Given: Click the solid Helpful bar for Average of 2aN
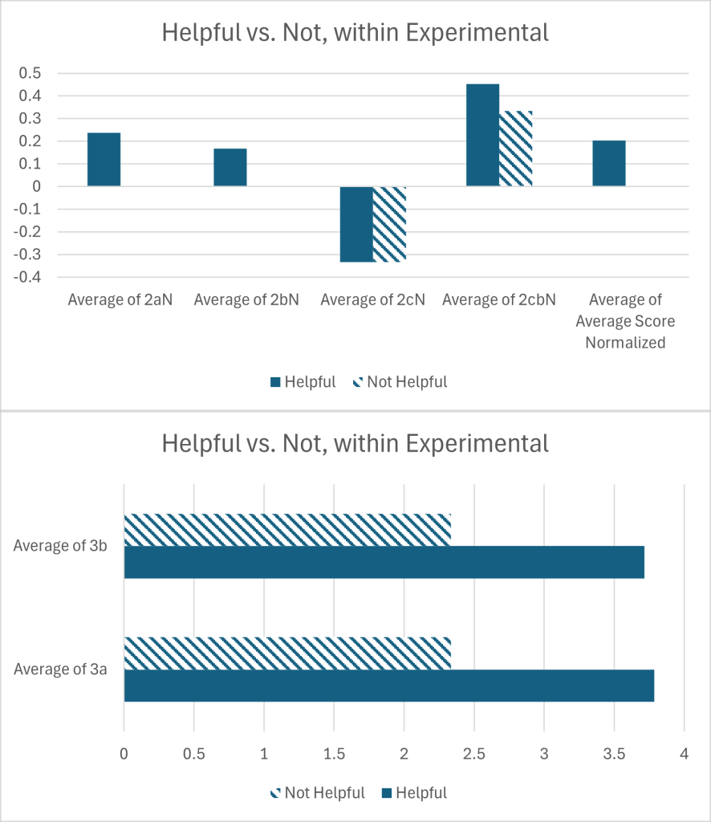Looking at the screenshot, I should [x=104, y=159].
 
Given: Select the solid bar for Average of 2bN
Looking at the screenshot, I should [x=230, y=167].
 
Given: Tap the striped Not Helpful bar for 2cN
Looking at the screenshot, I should [x=390, y=224].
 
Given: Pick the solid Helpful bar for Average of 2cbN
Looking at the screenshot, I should [x=482, y=135].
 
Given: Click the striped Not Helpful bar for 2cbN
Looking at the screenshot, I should [x=516, y=149].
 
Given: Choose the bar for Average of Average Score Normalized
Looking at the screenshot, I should [x=609, y=163].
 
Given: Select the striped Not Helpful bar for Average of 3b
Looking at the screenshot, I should [x=287, y=530].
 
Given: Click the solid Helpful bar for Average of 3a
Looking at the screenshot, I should [x=388, y=686].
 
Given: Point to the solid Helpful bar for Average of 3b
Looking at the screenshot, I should [x=384, y=562].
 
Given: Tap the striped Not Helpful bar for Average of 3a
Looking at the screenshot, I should [x=287, y=653].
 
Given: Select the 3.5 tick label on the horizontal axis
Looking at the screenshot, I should [x=613, y=755].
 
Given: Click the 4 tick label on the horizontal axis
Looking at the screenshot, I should [x=683, y=755].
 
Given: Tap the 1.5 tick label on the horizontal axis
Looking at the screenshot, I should [x=334, y=755].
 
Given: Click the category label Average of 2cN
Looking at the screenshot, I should [x=372, y=300].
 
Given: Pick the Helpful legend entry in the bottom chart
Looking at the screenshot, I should [x=414, y=793].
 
